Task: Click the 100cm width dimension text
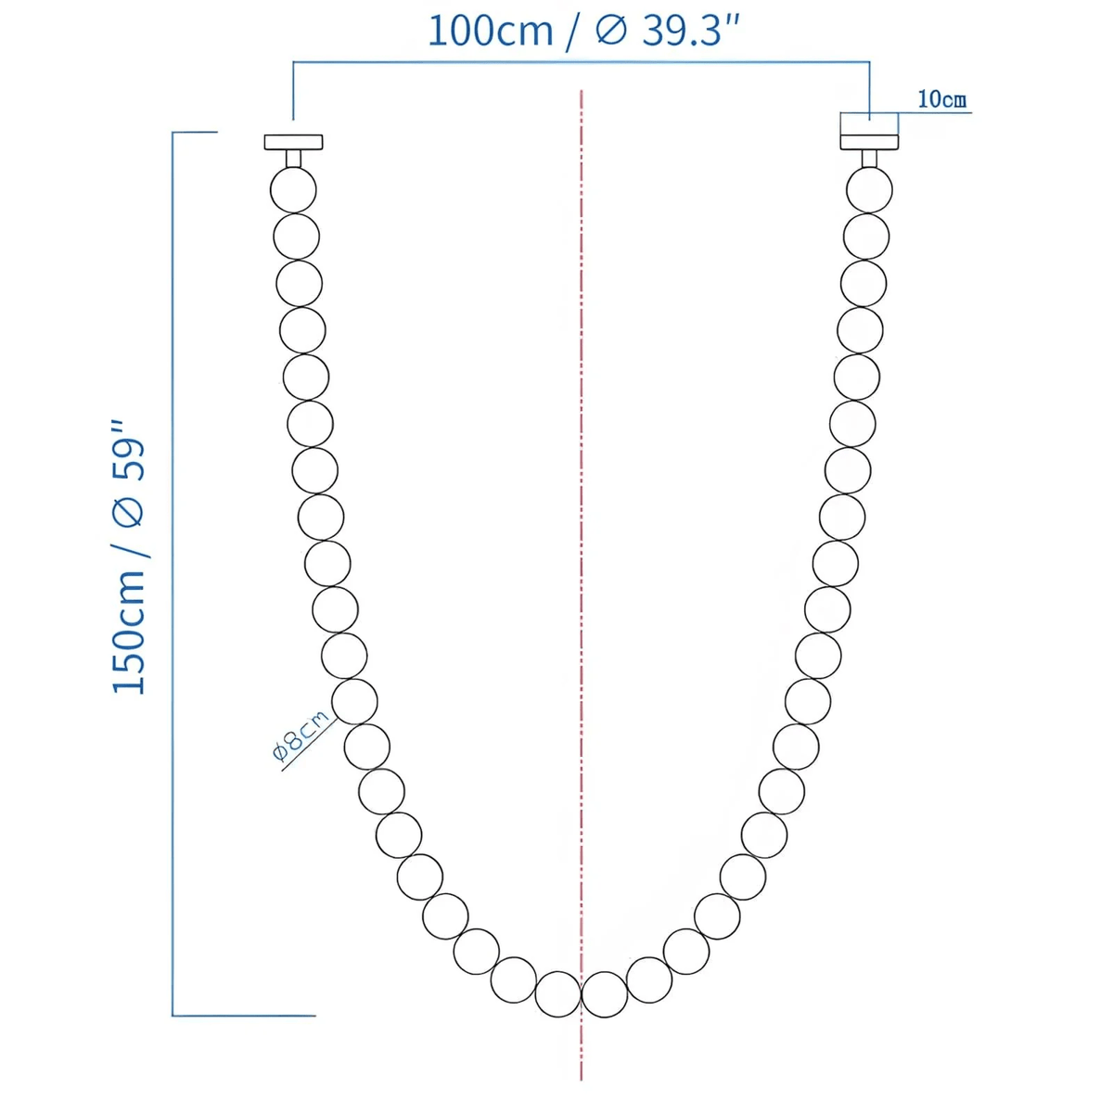point(489,31)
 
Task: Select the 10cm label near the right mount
point(941,99)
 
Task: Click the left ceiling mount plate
point(293,142)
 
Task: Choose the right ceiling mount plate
point(869,142)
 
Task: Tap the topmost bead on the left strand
point(293,190)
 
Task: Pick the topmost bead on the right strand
point(870,190)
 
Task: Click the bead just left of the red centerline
point(558,993)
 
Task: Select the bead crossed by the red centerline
point(604,993)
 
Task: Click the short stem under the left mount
point(293,159)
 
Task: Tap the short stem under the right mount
point(869,159)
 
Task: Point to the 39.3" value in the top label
point(691,31)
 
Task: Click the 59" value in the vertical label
point(130,452)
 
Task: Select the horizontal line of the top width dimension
point(581,62)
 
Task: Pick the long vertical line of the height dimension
point(173,575)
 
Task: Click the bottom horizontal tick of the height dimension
point(244,1016)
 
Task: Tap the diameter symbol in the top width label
point(611,31)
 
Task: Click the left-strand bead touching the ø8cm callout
point(354,701)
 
